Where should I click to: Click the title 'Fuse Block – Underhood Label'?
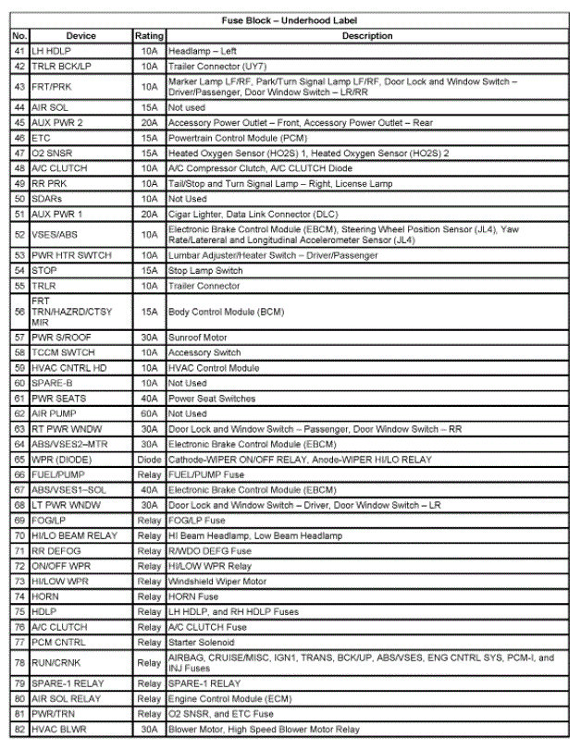pyautogui.click(x=290, y=20)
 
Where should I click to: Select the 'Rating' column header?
pyautogui.click(x=149, y=36)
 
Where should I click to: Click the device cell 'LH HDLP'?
pyautogui.click(x=50, y=51)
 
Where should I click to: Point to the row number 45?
pyautogui.click(x=19, y=123)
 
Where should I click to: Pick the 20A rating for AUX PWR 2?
pyautogui.click(x=149, y=123)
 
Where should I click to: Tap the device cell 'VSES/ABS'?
pyautogui.click(x=55, y=234)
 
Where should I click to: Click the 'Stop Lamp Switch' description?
pyautogui.click(x=204, y=271)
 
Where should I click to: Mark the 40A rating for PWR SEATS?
pyautogui.click(x=149, y=398)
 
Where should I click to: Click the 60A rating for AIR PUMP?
pyautogui.click(x=149, y=413)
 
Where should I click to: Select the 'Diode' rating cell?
pyautogui.click(x=149, y=460)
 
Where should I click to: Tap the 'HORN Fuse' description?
pyautogui.click(x=193, y=596)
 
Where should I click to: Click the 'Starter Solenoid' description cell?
pyautogui.click(x=201, y=642)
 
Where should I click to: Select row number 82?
pyautogui.click(x=19, y=730)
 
